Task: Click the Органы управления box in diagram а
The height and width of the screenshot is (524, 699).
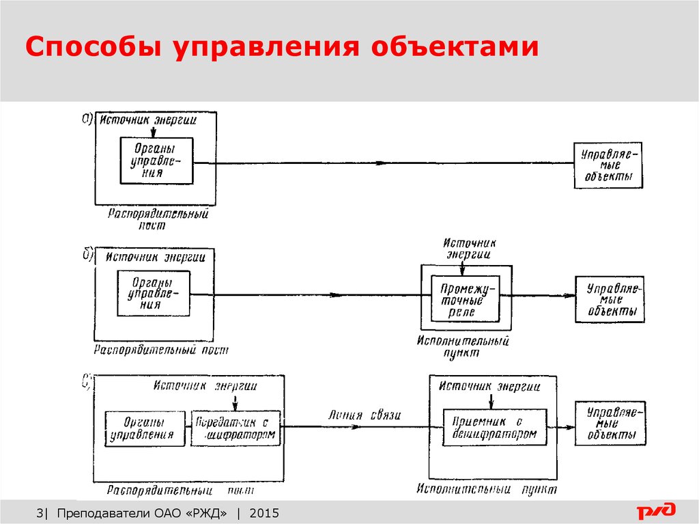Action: pyautogui.click(x=156, y=161)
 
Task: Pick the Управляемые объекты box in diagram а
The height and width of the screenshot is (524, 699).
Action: pyautogui.click(x=608, y=166)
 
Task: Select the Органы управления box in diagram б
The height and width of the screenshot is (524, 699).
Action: pyautogui.click(x=154, y=294)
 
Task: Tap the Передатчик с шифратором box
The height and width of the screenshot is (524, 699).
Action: pyautogui.click(x=236, y=428)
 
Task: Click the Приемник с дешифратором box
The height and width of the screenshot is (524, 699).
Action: pyautogui.click(x=494, y=428)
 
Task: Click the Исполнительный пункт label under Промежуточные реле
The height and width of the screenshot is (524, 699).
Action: pyautogui.click(x=464, y=346)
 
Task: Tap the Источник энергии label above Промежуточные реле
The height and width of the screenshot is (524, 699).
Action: pyautogui.click(x=469, y=248)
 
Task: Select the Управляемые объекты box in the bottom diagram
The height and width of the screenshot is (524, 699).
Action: pyautogui.click(x=608, y=424)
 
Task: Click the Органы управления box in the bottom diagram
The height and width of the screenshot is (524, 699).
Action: pyautogui.click(x=145, y=428)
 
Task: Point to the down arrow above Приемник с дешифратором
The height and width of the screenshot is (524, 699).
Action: pyautogui.click(x=490, y=401)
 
